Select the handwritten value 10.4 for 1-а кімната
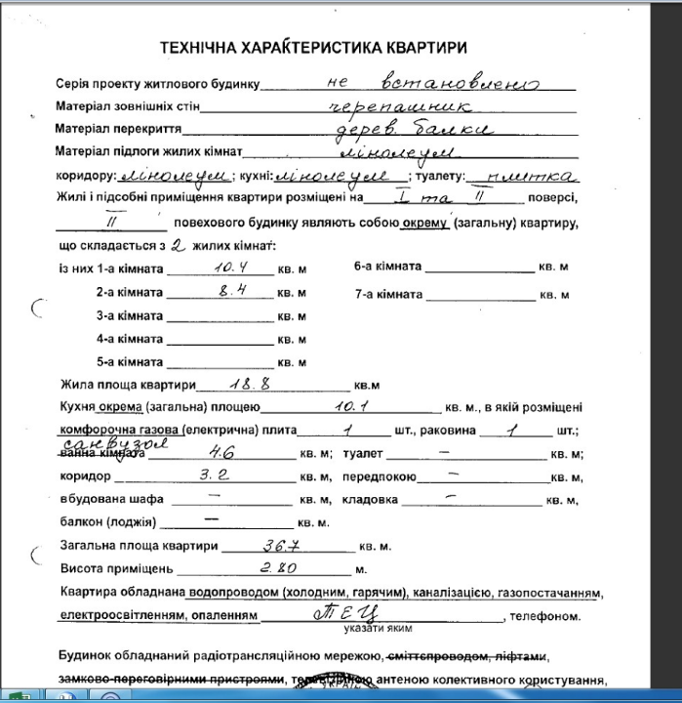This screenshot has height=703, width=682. coord(226,267)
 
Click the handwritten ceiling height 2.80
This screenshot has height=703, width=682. coord(277,567)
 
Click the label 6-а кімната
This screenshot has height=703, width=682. coord(387,267)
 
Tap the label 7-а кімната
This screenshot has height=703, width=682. coord(387,293)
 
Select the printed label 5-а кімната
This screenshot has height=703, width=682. coord(129,362)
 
